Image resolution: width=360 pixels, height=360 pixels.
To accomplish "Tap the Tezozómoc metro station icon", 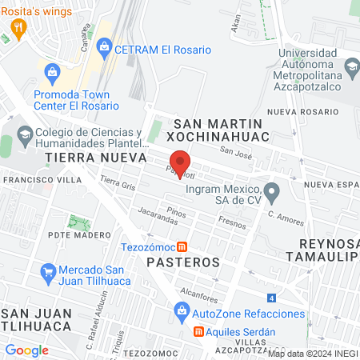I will [x=182, y=246].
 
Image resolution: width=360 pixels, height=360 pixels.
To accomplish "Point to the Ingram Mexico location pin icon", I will [x=272, y=191].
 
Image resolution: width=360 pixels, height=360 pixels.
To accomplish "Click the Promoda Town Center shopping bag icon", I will [x=53, y=73].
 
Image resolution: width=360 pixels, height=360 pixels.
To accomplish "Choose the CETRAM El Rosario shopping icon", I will [x=104, y=50].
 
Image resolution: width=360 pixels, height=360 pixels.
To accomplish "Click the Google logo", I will [x=26, y=350].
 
